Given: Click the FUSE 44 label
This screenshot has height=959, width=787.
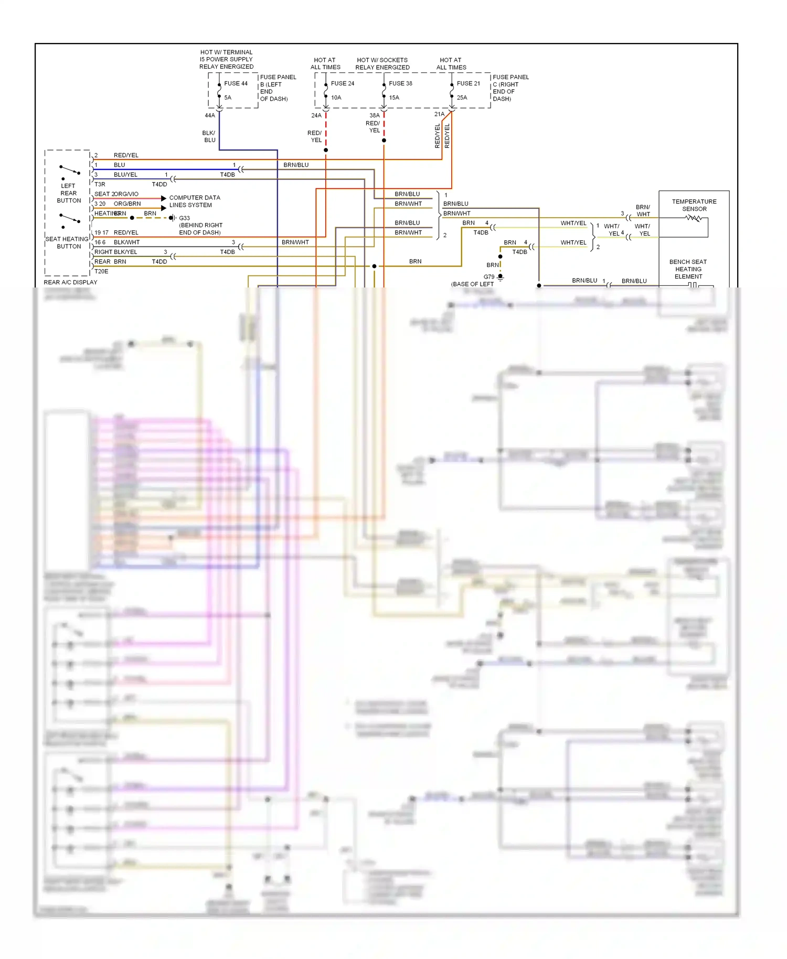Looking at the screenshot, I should [236, 83].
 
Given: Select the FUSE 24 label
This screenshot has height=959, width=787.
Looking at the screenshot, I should [342, 83].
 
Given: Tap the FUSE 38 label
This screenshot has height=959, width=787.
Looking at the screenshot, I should [400, 83].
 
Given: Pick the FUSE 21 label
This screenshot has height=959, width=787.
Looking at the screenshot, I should [468, 83].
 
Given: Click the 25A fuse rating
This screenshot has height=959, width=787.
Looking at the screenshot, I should [462, 98].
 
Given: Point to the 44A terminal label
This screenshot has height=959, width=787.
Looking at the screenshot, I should [209, 115].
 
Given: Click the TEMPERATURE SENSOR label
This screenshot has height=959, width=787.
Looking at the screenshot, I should [694, 205].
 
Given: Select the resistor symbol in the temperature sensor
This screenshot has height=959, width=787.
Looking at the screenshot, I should [693, 218].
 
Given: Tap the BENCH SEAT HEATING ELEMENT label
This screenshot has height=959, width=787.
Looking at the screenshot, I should [688, 269].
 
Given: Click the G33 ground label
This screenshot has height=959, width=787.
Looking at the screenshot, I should [184, 218].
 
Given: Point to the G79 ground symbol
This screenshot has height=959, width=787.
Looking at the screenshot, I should [501, 277].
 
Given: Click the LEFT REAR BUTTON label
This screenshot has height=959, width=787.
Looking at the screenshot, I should [69, 193].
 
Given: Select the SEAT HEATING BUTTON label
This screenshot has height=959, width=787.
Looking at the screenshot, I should [68, 242].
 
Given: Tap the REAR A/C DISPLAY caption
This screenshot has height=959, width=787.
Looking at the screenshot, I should [70, 282].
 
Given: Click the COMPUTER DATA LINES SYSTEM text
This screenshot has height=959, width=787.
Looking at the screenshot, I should [194, 201].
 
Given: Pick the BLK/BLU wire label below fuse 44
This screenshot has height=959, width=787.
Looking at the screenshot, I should [209, 136].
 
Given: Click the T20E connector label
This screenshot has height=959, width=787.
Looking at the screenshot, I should [101, 272].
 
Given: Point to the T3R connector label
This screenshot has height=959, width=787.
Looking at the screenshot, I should [100, 185].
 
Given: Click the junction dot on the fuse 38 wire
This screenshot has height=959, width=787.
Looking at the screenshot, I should [384, 141].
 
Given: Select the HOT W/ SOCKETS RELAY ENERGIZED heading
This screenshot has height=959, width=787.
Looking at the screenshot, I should [382, 63].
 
